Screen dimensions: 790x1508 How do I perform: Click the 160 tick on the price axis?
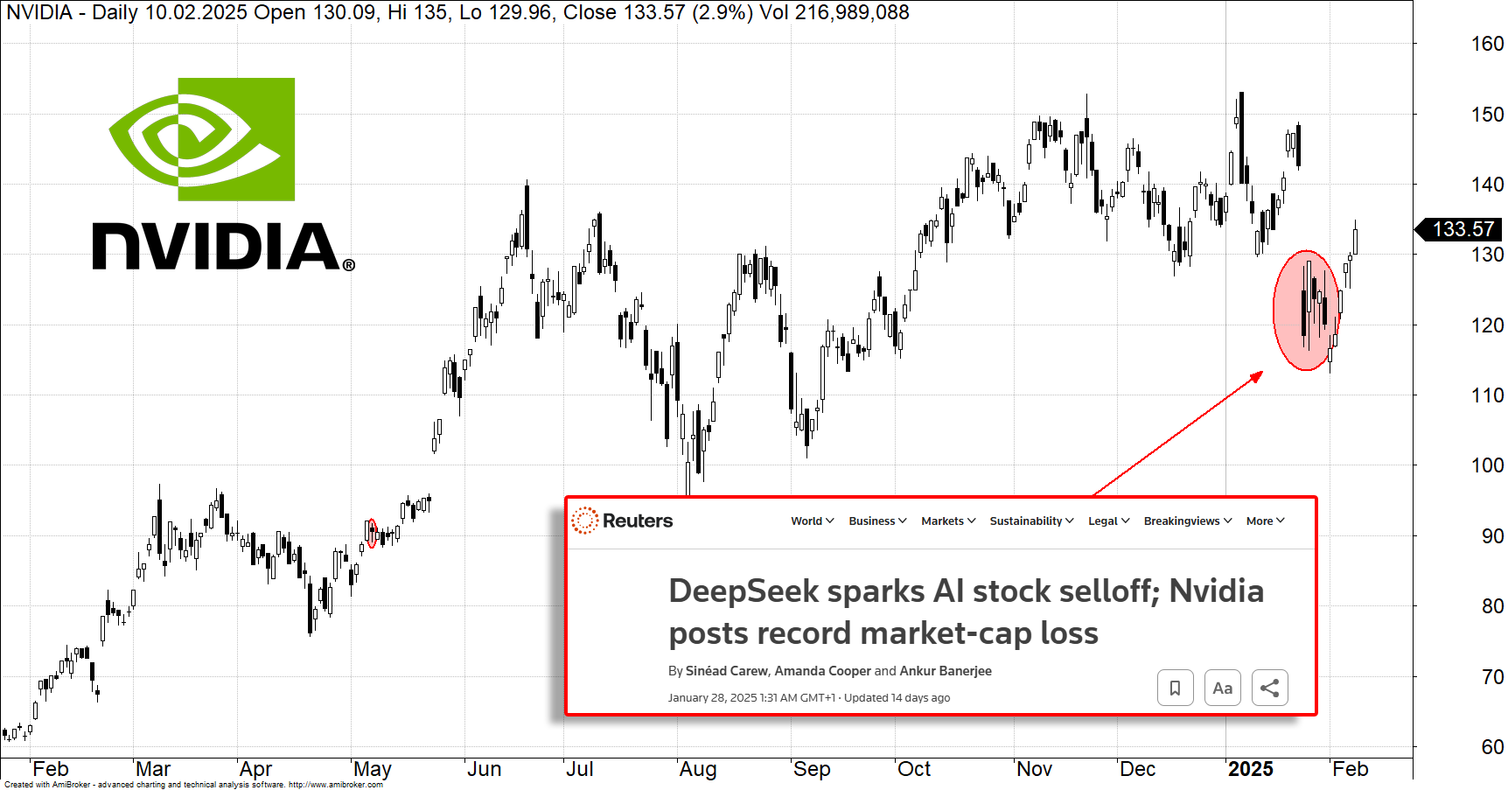pyautogui.click(x=1486, y=44)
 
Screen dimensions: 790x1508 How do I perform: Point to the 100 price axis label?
pyautogui.click(x=1486, y=465)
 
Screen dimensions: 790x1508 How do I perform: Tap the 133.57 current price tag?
pyautogui.click(x=1462, y=229)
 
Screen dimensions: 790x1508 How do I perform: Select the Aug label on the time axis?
pyautogui.click(x=697, y=769)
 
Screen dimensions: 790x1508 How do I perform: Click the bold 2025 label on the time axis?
pyautogui.click(x=1250, y=769)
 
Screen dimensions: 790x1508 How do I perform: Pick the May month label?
pyautogui.click(x=372, y=769)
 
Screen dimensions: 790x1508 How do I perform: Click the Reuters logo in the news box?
pyautogui.click(x=622, y=521)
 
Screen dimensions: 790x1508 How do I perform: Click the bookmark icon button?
pyautogui.click(x=1175, y=688)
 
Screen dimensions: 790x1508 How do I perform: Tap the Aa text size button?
pyautogui.click(x=1222, y=688)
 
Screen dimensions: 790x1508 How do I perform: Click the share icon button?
pyautogui.click(x=1269, y=688)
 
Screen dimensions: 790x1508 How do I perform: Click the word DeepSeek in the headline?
pyautogui.click(x=744, y=591)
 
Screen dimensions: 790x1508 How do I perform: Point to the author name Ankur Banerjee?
pyautogui.click(x=946, y=671)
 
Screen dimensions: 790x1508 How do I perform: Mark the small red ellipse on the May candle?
pyautogui.click(x=372, y=533)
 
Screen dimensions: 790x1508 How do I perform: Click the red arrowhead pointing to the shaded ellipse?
pyautogui.click(x=1257, y=376)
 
